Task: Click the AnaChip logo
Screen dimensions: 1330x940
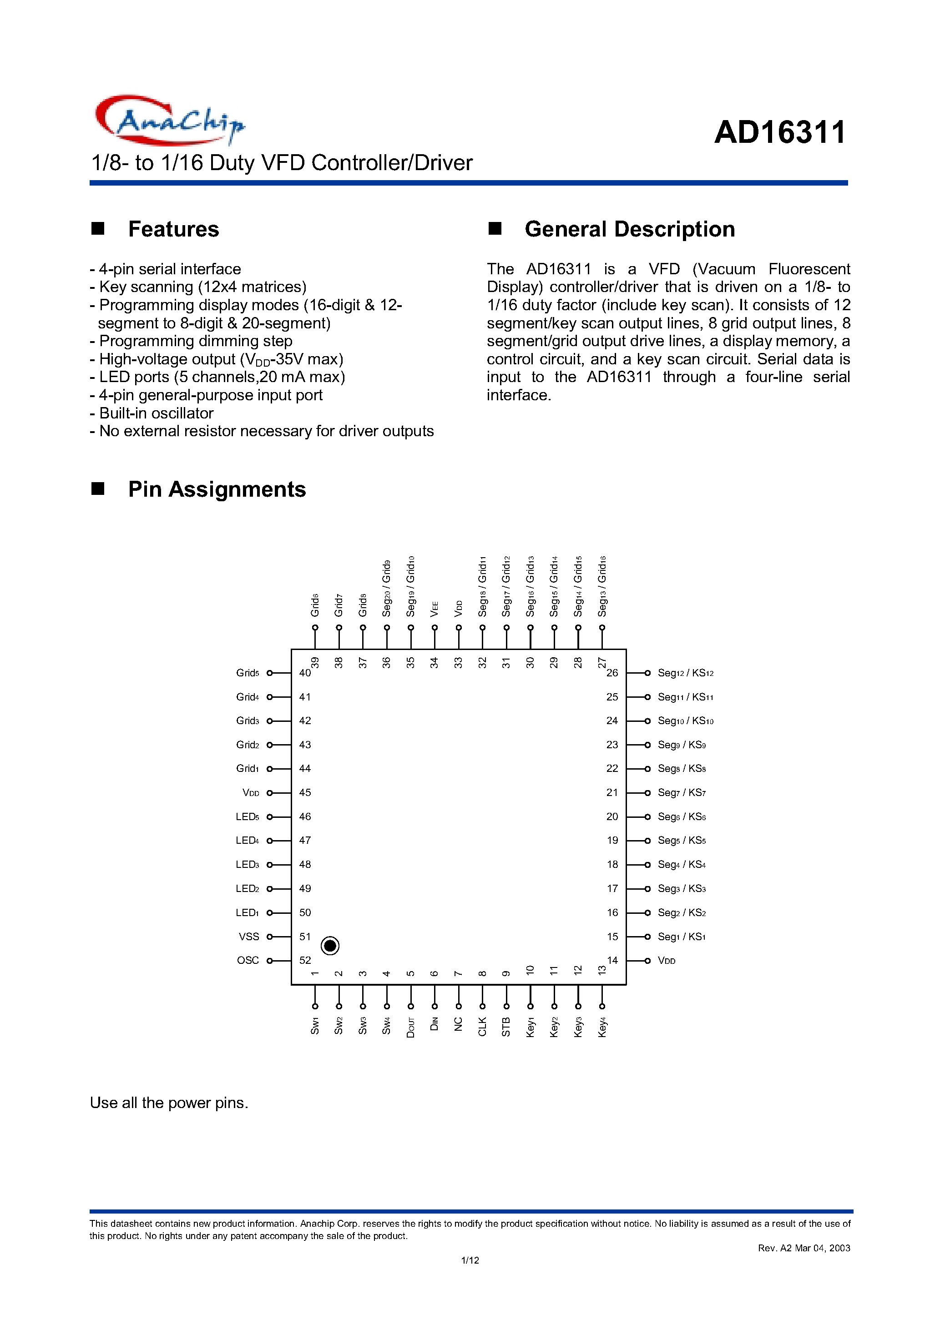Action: [169, 120]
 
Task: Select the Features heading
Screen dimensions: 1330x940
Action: [173, 229]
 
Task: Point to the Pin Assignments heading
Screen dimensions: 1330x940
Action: [217, 489]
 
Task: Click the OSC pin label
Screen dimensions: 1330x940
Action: [248, 960]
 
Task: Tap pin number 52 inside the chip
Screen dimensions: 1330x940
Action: [305, 960]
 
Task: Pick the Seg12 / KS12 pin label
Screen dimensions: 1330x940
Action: [685, 673]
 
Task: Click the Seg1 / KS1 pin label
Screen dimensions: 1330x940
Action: [682, 937]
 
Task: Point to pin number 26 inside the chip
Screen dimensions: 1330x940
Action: [612, 673]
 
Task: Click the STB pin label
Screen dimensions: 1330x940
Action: [506, 1027]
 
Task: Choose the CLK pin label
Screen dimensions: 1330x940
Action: [482, 1027]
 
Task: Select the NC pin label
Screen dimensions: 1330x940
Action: [459, 1024]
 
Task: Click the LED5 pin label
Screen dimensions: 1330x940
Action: [248, 817]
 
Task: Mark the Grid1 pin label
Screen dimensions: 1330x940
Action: [248, 769]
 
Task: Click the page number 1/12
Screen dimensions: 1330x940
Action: [470, 1260]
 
